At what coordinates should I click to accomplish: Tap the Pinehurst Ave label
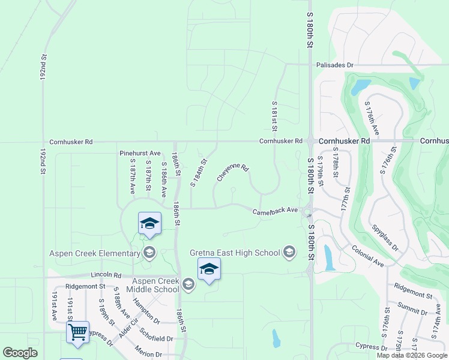click(140, 153)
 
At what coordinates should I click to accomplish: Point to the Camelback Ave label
click(275, 211)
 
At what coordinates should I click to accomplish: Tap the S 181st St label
click(274, 116)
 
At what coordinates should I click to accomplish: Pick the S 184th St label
click(199, 173)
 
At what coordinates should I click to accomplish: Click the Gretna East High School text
click(236, 253)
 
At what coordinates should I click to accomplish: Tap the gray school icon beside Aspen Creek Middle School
click(189, 284)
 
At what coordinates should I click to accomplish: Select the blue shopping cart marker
click(78, 332)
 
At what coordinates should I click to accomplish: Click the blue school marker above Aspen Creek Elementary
click(149, 224)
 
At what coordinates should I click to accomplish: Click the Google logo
click(19, 353)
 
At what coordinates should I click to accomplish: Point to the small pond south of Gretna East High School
click(276, 339)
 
